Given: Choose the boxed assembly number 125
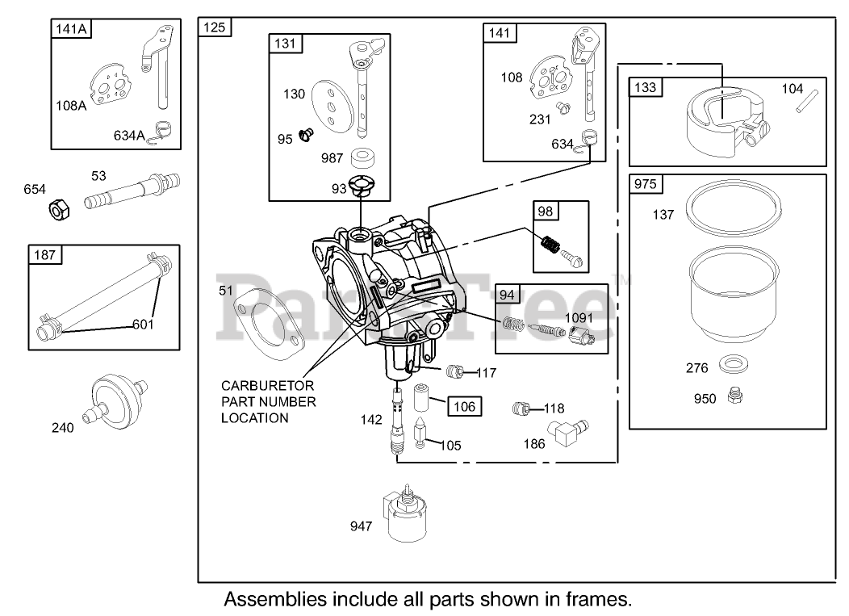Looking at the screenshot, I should pos(215,27).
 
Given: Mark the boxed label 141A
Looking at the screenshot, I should pos(71,28).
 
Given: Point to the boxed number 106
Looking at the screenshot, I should pos(464,406).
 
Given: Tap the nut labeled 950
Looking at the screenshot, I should pos(734,396).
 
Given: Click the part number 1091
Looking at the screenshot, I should pos(578,317).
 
